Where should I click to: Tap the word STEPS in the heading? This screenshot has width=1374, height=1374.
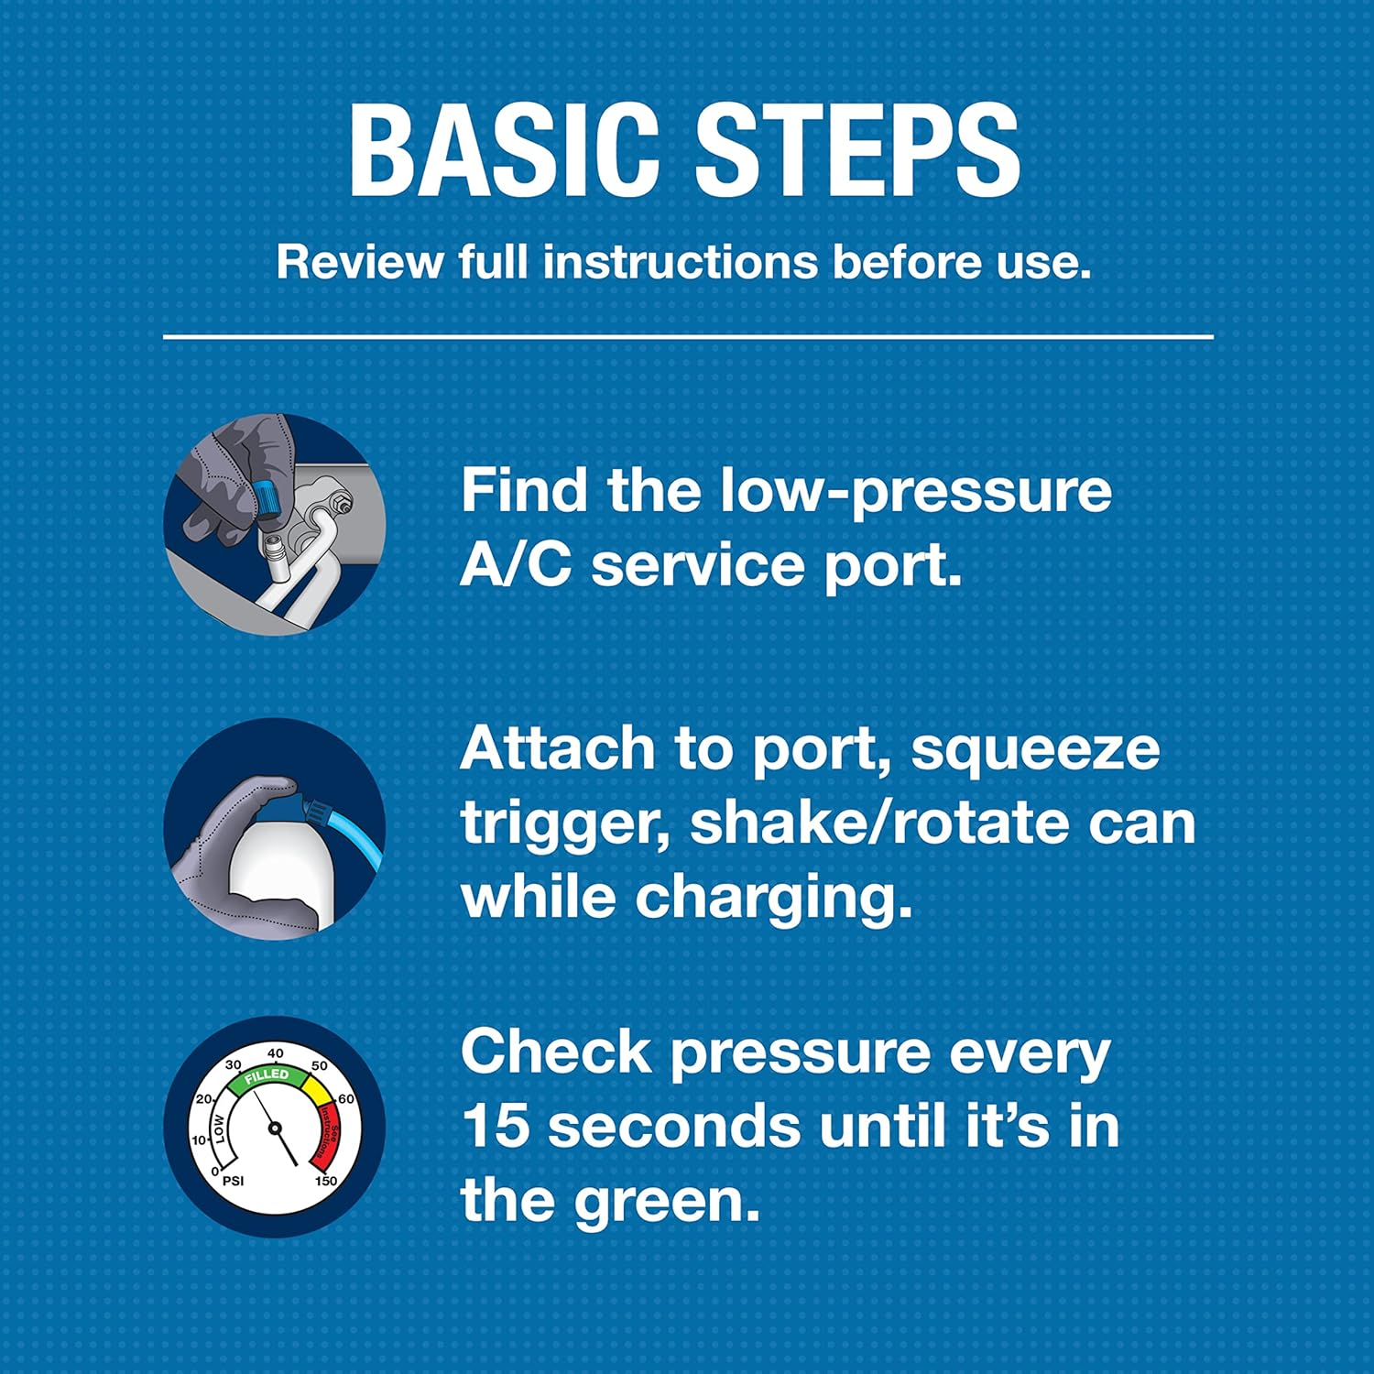click(x=857, y=151)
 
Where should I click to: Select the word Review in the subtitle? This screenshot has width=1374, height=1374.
click(x=360, y=263)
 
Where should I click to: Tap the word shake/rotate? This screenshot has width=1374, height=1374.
click(x=877, y=822)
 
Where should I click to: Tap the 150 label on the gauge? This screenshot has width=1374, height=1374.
click(x=325, y=1181)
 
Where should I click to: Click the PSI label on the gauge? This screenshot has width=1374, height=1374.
click(x=233, y=1181)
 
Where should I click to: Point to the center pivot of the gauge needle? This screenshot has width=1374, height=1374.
click(x=275, y=1128)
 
